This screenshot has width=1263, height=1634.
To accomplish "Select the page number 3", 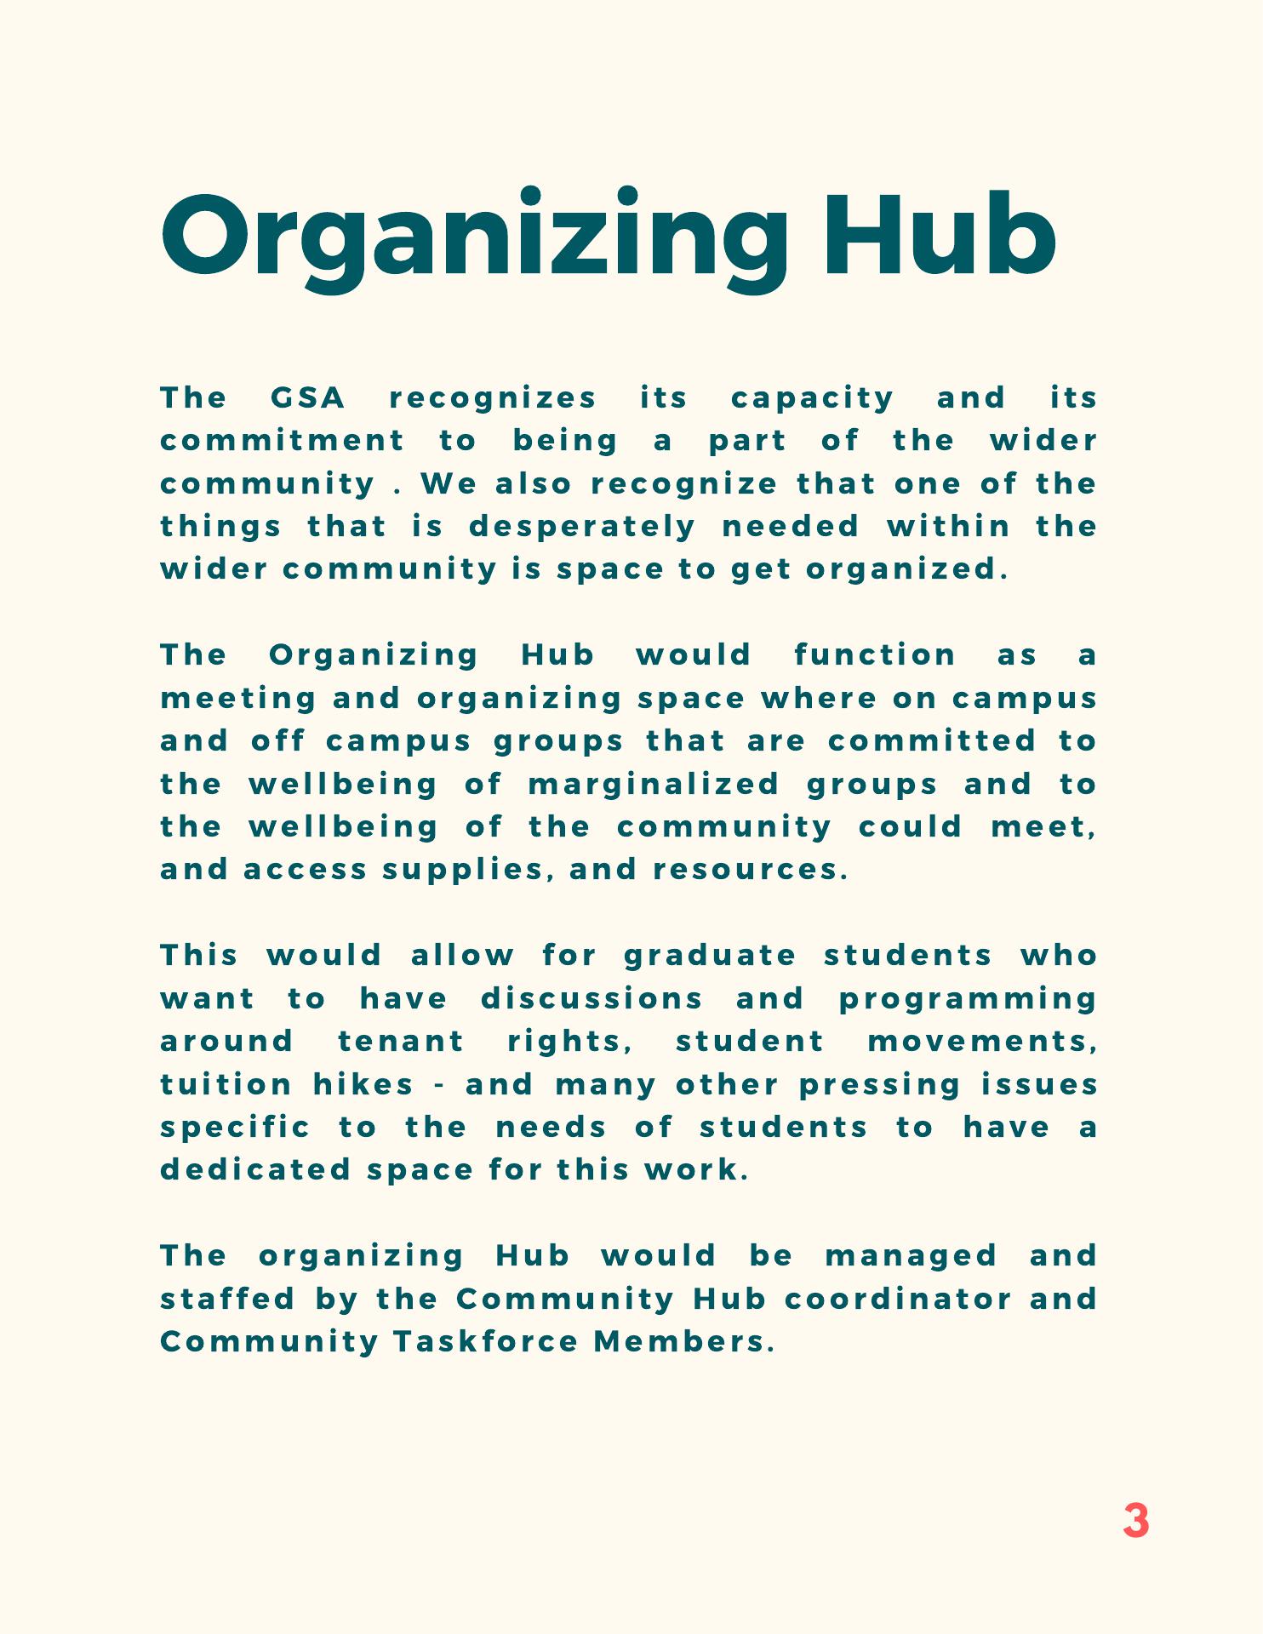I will [1135, 1521].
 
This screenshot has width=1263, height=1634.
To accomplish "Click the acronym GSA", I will [307, 397].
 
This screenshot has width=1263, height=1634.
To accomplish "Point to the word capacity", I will [812, 398].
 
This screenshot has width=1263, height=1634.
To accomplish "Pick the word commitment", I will [283, 441].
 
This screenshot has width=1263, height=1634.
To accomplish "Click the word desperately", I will [582, 527].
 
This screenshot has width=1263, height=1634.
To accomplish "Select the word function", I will [875, 655].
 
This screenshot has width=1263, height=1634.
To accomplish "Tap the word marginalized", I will [654, 784].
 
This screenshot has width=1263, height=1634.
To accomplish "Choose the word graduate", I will [710, 956].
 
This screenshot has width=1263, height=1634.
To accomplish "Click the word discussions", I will [591, 998].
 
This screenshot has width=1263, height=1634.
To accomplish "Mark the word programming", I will [968, 999].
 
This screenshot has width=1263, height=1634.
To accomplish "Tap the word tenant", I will [401, 1041].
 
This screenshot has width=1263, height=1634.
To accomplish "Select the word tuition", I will [226, 1084].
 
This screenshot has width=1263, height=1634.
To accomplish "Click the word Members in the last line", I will [683, 1342].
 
